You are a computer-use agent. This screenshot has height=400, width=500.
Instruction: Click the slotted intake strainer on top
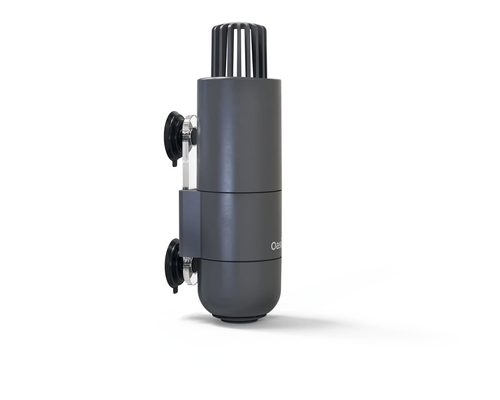pyautogui.click(x=239, y=52)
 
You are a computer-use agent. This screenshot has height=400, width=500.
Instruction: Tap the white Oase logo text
pyautogui.click(x=276, y=246)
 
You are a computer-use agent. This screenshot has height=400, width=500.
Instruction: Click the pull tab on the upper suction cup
pyautogui.click(x=174, y=162)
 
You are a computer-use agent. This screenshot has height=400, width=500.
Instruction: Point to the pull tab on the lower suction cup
pyautogui.click(x=175, y=289)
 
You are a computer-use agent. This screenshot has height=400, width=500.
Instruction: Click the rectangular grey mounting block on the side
pyautogui.click(x=190, y=223)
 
